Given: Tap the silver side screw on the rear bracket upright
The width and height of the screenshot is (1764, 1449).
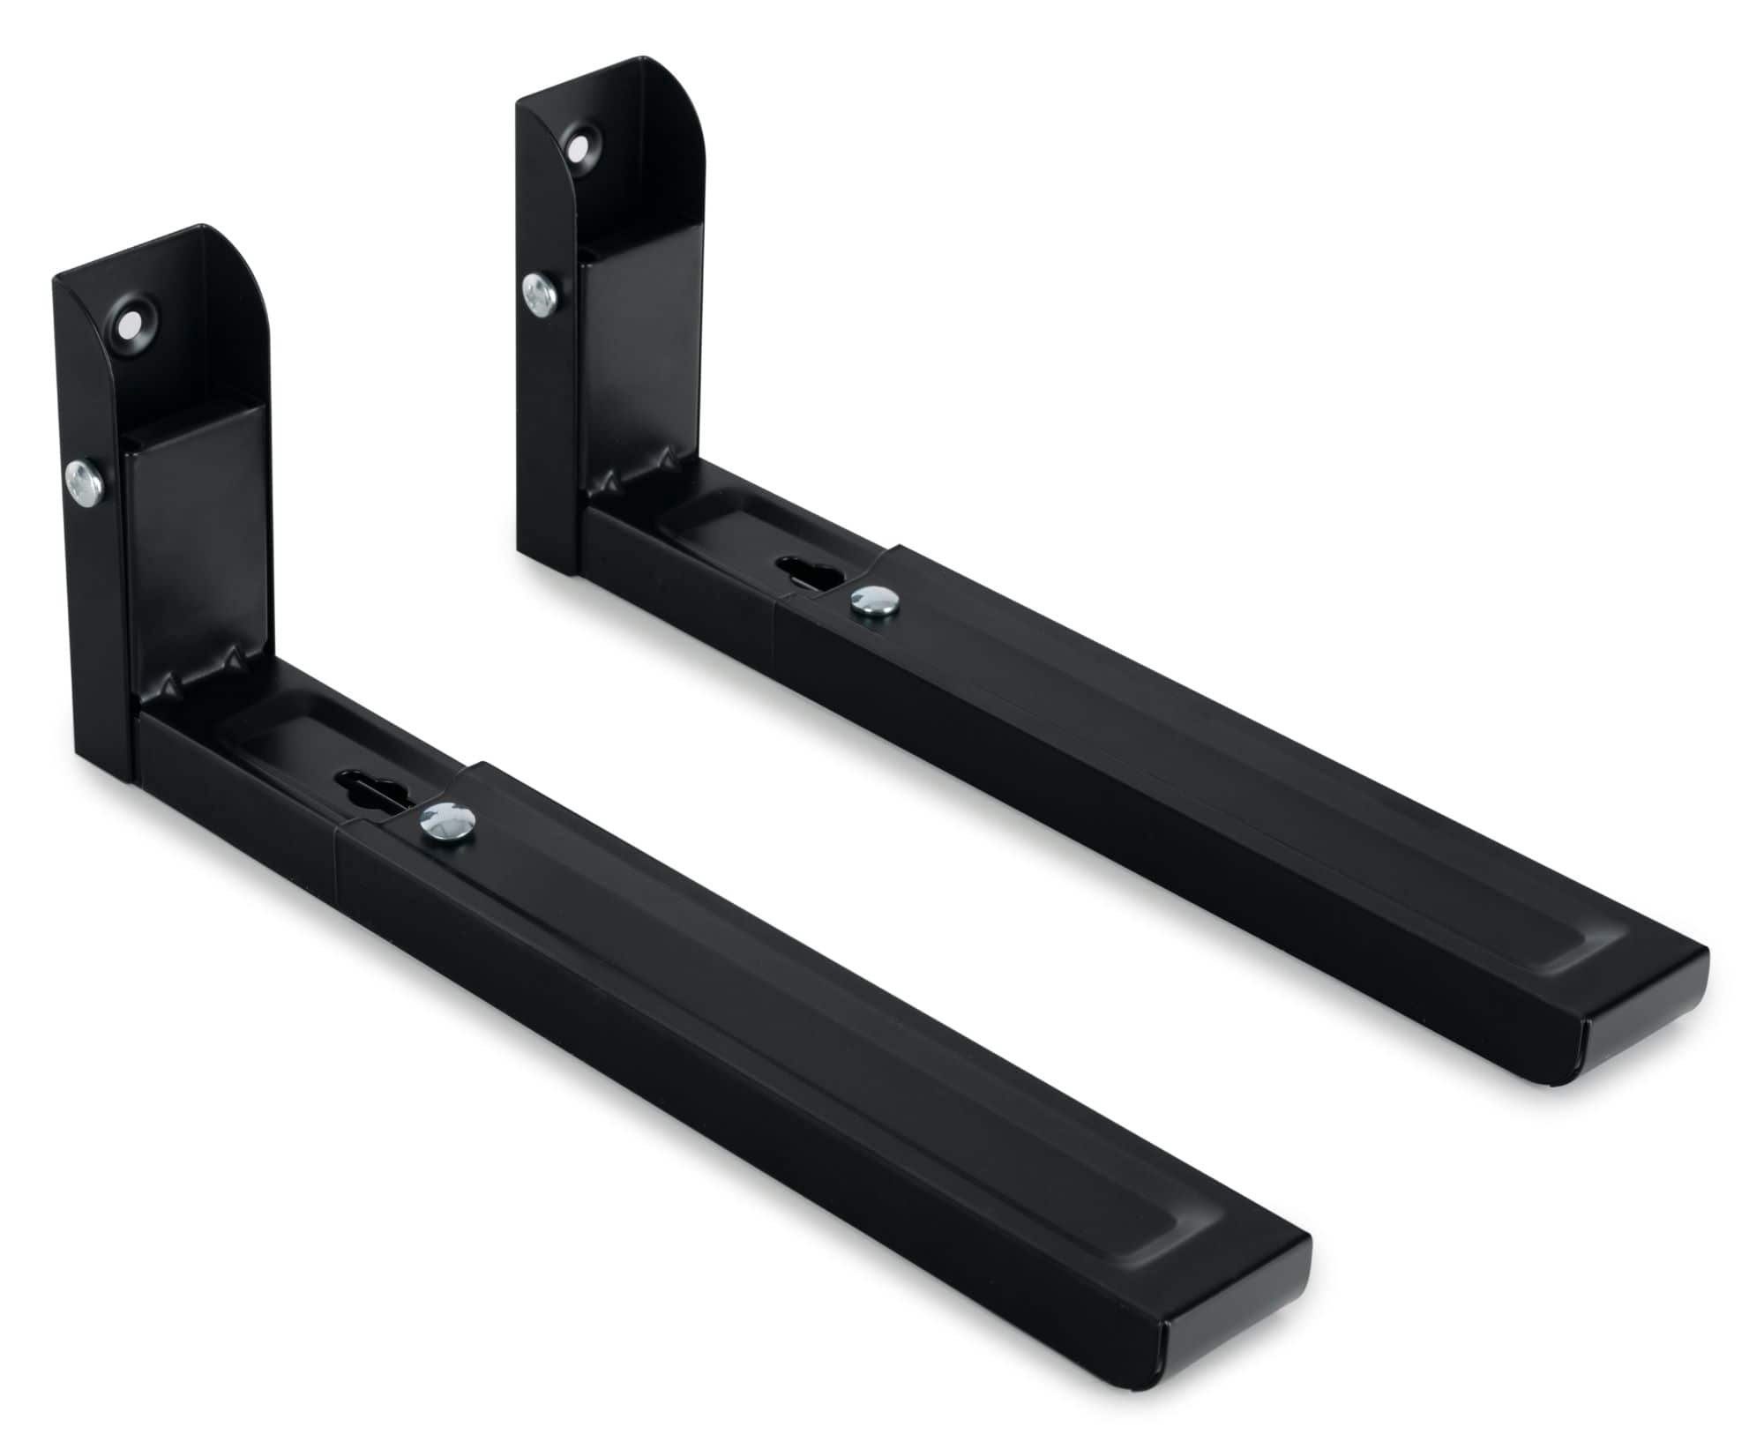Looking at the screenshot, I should pos(537,293).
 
